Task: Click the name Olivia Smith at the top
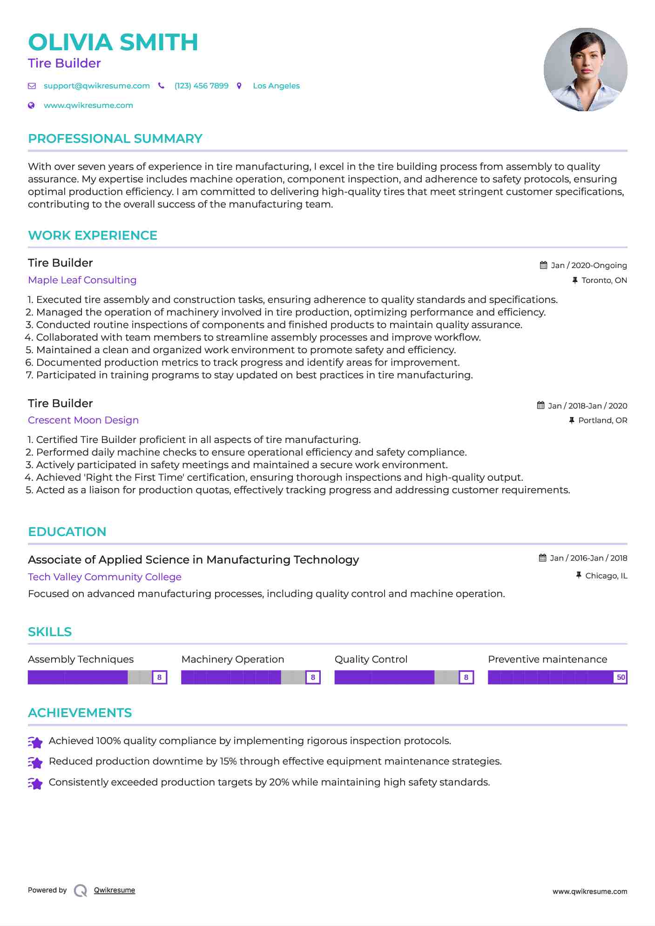click(x=113, y=42)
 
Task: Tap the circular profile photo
click(x=585, y=70)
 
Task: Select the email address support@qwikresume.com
click(x=96, y=86)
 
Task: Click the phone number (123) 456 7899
click(x=201, y=86)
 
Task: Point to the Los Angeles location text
click(x=276, y=86)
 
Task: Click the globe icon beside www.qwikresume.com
click(x=32, y=106)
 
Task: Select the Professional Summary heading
click(x=115, y=139)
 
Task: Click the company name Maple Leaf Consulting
click(x=82, y=280)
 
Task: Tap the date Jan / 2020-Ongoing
click(x=588, y=266)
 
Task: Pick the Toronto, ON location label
click(x=604, y=281)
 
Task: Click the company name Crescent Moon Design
click(x=83, y=420)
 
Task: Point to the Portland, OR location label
click(x=602, y=421)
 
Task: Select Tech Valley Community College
click(x=105, y=577)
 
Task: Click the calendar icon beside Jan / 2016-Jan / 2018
click(x=542, y=558)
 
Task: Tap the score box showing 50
click(x=621, y=678)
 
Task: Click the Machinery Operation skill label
click(x=233, y=659)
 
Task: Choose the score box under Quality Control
click(x=466, y=678)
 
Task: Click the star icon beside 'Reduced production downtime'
click(x=35, y=762)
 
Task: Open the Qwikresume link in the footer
click(x=115, y=890)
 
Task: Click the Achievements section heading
click(x=80, y=713)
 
